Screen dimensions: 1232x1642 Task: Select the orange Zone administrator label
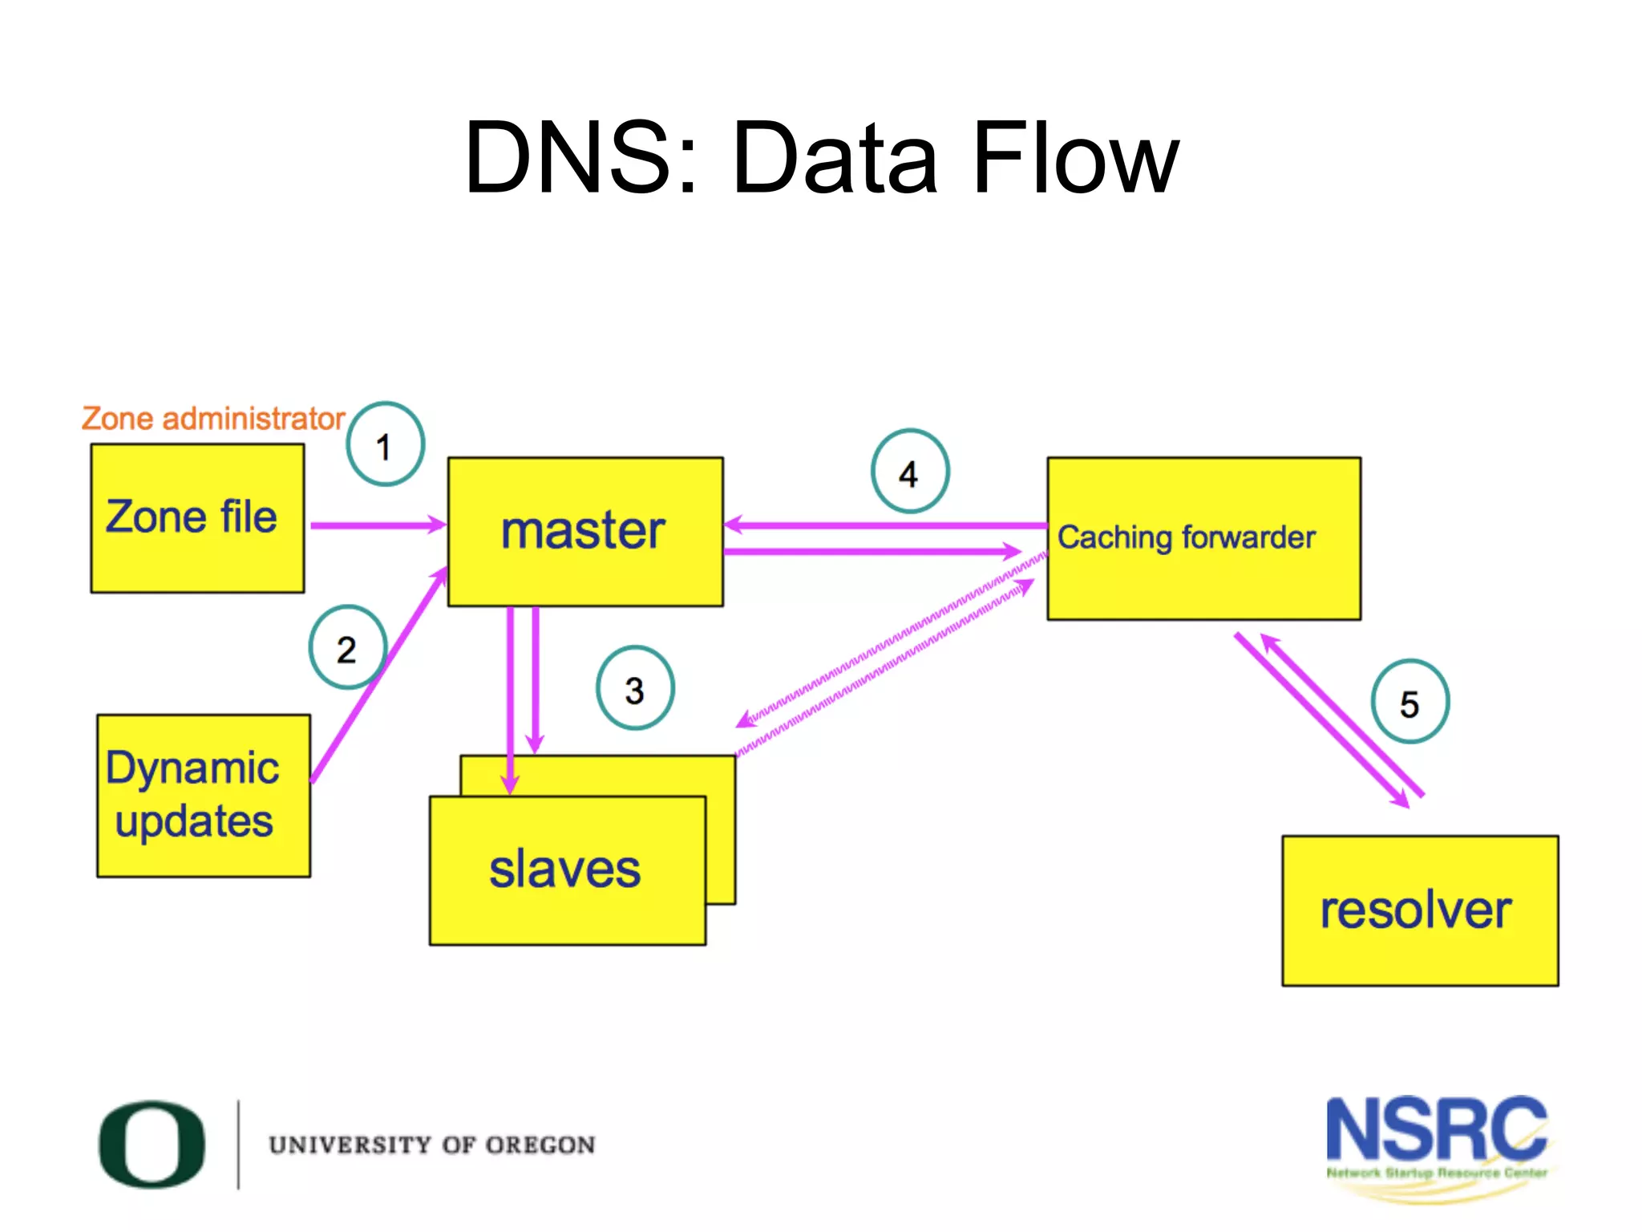pos(212,419)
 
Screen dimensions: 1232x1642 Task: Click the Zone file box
pos(197,518)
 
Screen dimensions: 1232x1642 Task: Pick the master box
pos(584,531)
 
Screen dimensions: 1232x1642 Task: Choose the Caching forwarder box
pos(1203,538)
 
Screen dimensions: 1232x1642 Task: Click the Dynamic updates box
pos(203,795)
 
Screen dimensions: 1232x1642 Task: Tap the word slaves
pos(565,869)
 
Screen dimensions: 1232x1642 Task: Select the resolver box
pos(1419,910)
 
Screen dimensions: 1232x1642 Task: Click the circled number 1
pos(385,444)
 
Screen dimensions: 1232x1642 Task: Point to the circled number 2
pos(347,647)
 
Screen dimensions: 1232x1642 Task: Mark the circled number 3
pos(635,688)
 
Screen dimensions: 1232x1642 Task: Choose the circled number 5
pos(1409,702)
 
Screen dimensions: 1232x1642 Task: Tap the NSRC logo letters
pos(1435,1129)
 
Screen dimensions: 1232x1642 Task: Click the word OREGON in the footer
pos(540,1145)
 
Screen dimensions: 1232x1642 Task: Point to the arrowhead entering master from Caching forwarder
pos(733,525)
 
